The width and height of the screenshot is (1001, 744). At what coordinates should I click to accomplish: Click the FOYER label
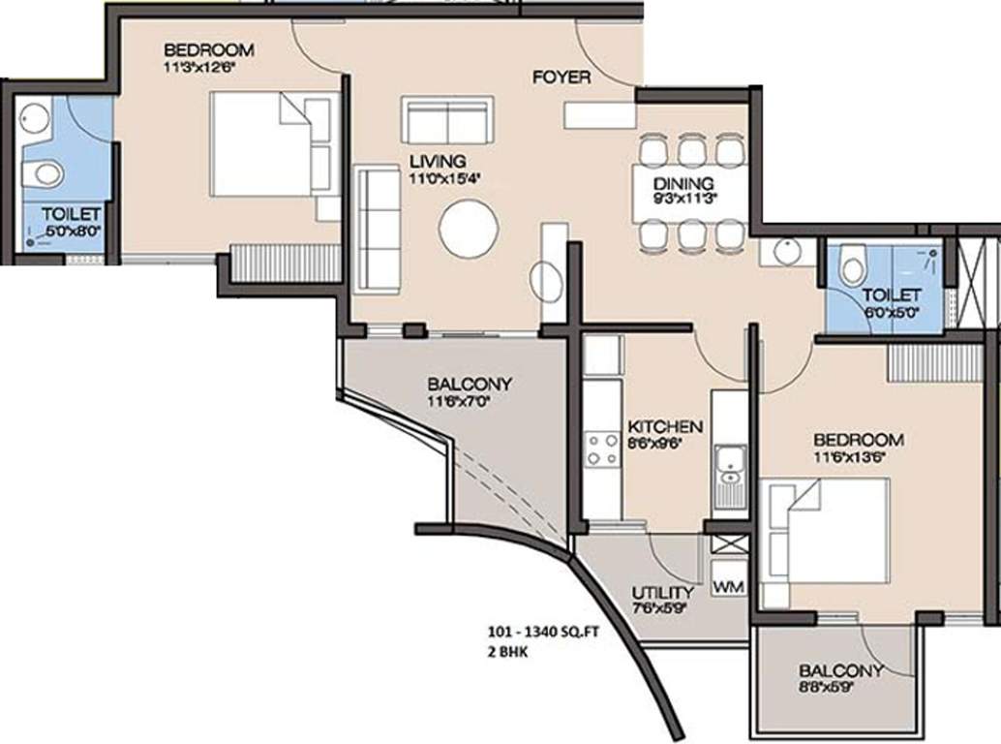click(561, 77)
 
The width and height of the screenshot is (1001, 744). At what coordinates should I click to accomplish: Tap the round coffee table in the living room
click(469, 229)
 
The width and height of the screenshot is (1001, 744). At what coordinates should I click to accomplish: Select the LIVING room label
click(437, 161)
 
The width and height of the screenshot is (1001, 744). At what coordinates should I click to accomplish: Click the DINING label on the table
click(682, 184)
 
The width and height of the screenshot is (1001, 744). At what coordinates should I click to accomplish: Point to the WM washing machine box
click(728, 587)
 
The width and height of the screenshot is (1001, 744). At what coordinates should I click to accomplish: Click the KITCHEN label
click(665, 426)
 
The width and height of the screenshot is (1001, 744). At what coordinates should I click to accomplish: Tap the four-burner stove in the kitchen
click(601, 450)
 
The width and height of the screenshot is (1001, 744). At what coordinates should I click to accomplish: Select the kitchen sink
click(728, 471)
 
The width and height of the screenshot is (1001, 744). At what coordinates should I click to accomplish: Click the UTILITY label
click(662, 593)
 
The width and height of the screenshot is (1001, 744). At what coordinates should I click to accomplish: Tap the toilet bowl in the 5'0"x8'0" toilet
click(42, 174)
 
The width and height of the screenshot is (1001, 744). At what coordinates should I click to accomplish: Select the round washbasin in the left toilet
click(35, 118)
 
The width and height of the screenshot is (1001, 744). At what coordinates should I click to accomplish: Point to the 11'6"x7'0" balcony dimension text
click(470, 401)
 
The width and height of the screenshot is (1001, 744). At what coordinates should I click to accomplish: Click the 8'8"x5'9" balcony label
click(840, 687)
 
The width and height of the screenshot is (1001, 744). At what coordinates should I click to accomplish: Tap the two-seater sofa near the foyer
click(448, 120)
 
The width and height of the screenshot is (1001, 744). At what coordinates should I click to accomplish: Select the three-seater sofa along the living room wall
click(378, 229)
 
